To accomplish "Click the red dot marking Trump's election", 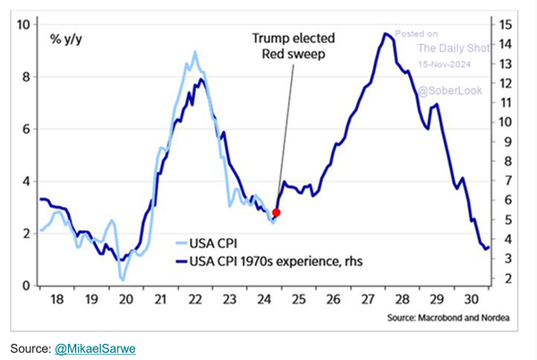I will point(277,212).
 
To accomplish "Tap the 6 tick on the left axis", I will point(28,129).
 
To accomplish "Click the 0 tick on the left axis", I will point(28,286).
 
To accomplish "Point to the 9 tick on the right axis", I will point(507,141).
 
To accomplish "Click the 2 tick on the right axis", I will point(507,279).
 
